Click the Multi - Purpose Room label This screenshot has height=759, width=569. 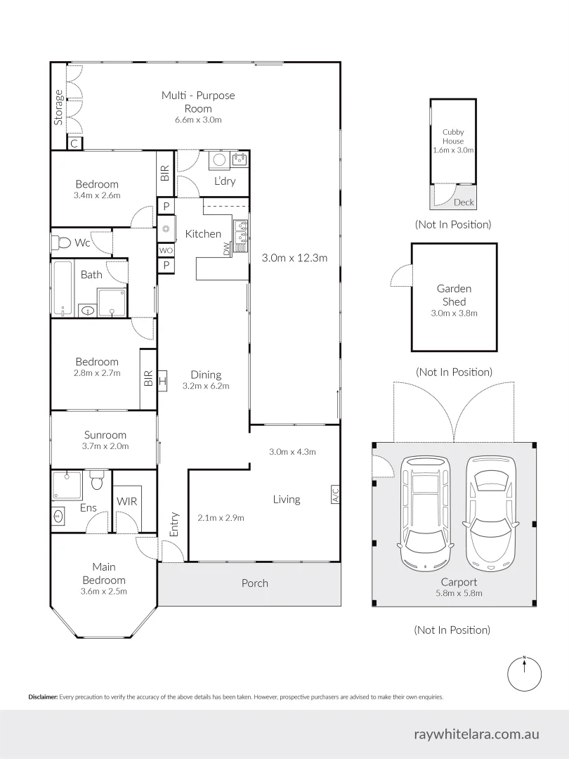[x=198, y=102]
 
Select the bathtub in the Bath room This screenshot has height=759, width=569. [x=63, y=287]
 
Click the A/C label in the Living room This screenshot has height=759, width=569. [x=334, y=495]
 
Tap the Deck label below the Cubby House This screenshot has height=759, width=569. [x=464, y=202]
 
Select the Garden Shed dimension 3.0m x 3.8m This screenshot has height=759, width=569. [x=454, y=313]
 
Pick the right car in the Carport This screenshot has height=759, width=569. [x=491, y=512]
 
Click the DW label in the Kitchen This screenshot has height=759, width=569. [x=226, y=249]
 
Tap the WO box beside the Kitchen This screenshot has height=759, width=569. [x=166, y=250]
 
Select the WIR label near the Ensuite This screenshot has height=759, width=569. [x=127, y=502]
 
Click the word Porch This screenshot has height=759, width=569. [x=255, y=583]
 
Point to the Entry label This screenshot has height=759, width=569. [x=174, y=524]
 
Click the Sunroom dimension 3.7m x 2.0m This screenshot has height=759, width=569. [x=106, y=446]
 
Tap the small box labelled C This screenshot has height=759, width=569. [x=74, y=143]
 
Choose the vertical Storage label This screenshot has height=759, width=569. [x=58, y=107]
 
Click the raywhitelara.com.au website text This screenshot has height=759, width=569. [x=476, y=734]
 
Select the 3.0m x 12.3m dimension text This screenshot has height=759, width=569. [x=294, y=258]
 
